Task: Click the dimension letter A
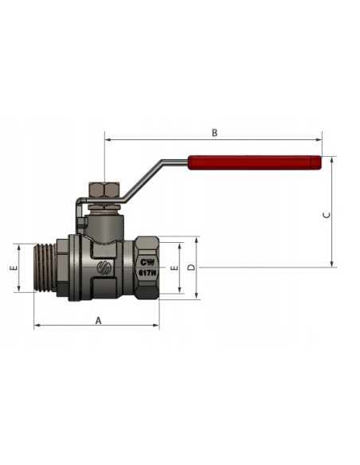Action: [x=97, y=320]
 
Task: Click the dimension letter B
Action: [x=214, y=133]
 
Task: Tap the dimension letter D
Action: [x=191, y=268]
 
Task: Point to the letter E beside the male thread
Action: [x=13, y=268]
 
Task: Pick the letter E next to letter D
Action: [x=174, y=268]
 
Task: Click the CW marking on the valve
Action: [x=147, y=260]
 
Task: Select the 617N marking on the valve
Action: [x=147, y=272]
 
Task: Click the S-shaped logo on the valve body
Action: [x=103, y=268]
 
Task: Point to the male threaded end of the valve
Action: [x=50, y=269]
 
